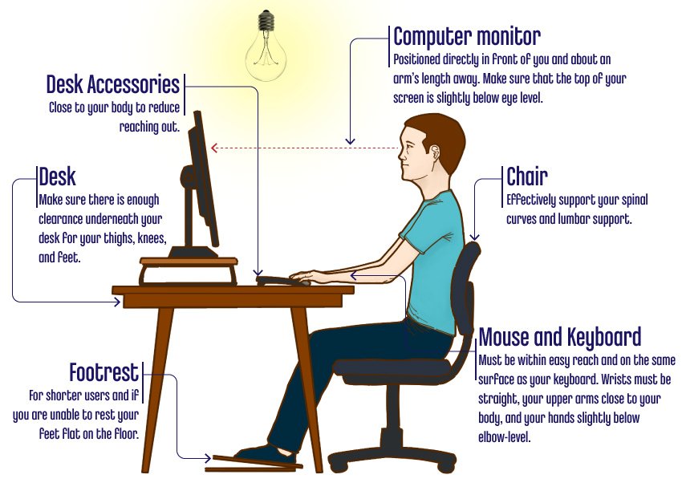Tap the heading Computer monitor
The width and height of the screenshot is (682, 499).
point(467,36)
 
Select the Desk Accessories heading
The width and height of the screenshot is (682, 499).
point(112,84)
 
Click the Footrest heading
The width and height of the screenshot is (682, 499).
point(104,372)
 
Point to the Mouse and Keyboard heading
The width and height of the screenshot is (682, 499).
point(560,338)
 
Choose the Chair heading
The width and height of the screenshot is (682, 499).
point(526,176)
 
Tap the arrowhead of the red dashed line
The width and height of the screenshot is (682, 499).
point(213,148)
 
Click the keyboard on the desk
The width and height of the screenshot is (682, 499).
point(283,281)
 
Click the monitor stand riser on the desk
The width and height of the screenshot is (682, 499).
point(189,270)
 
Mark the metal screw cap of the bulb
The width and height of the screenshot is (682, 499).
point(266,19)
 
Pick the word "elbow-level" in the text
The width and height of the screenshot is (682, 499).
point(505,437)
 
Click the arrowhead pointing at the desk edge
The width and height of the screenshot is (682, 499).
point(117,302)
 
